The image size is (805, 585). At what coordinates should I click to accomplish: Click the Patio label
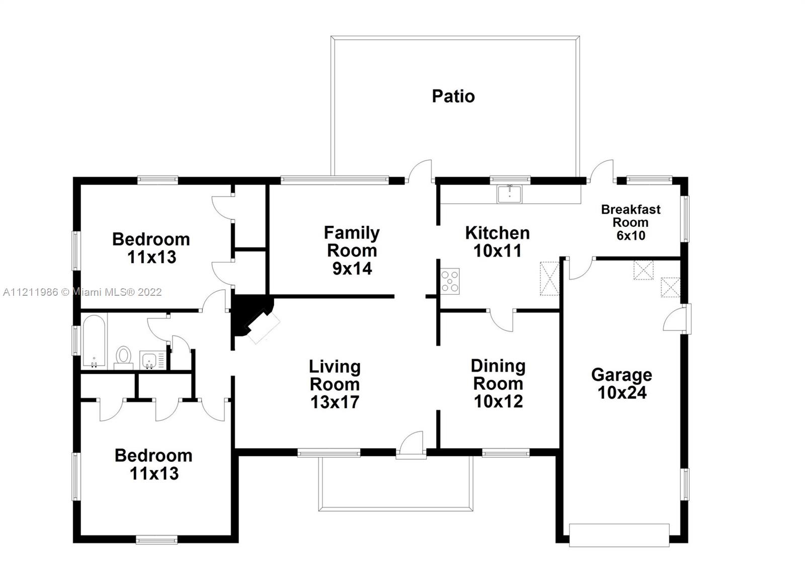[x=453, y=96]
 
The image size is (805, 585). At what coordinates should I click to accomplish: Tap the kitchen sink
[x=510, y=194]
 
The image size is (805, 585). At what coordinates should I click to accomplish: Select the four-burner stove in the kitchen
[x=450, y=281]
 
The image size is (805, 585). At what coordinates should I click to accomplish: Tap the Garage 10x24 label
[x=622, y=384]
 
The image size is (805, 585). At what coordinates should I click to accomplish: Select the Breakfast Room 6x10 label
[x=631, y=222]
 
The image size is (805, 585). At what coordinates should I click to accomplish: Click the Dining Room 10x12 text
[x=498, y=384]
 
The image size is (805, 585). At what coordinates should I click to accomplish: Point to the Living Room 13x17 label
[x=335, y=384]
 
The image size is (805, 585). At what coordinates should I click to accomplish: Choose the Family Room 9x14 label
[x=352, y=250]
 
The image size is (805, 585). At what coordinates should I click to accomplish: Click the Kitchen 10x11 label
[x=498, y=242]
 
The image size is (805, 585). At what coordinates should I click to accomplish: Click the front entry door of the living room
[x=411, y=446]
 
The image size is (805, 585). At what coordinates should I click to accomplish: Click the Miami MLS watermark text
[x=83, y=292]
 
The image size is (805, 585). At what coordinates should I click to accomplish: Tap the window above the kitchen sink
[x=510, y=180]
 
